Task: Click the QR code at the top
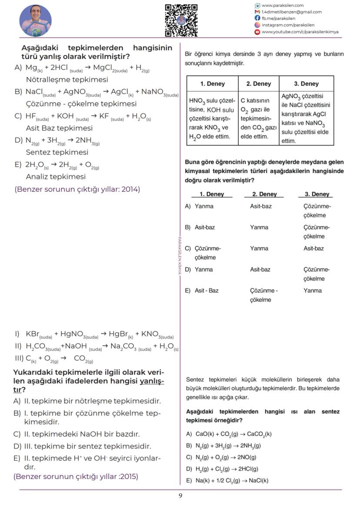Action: point(181,20)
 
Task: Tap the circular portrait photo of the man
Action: point(36,21)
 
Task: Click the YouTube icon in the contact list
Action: point(257,32)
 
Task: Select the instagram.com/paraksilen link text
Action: point(288,25)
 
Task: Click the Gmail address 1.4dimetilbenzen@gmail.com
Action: point(291,12)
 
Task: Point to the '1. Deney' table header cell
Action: point(212,84)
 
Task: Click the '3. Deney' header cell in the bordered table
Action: point(306,84)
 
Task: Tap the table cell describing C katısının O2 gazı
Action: point(258,118)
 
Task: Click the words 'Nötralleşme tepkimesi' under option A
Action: point(67,80)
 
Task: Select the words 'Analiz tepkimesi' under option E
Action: point(56,176)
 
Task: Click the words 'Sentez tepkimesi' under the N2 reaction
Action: point(57,152)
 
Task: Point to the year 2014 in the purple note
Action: point(130,189)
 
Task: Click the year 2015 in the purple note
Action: point(129,476)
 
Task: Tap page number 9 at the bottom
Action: point(180,496)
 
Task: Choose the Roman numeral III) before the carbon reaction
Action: point(19,358)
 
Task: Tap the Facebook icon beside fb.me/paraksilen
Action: point(257,19)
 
